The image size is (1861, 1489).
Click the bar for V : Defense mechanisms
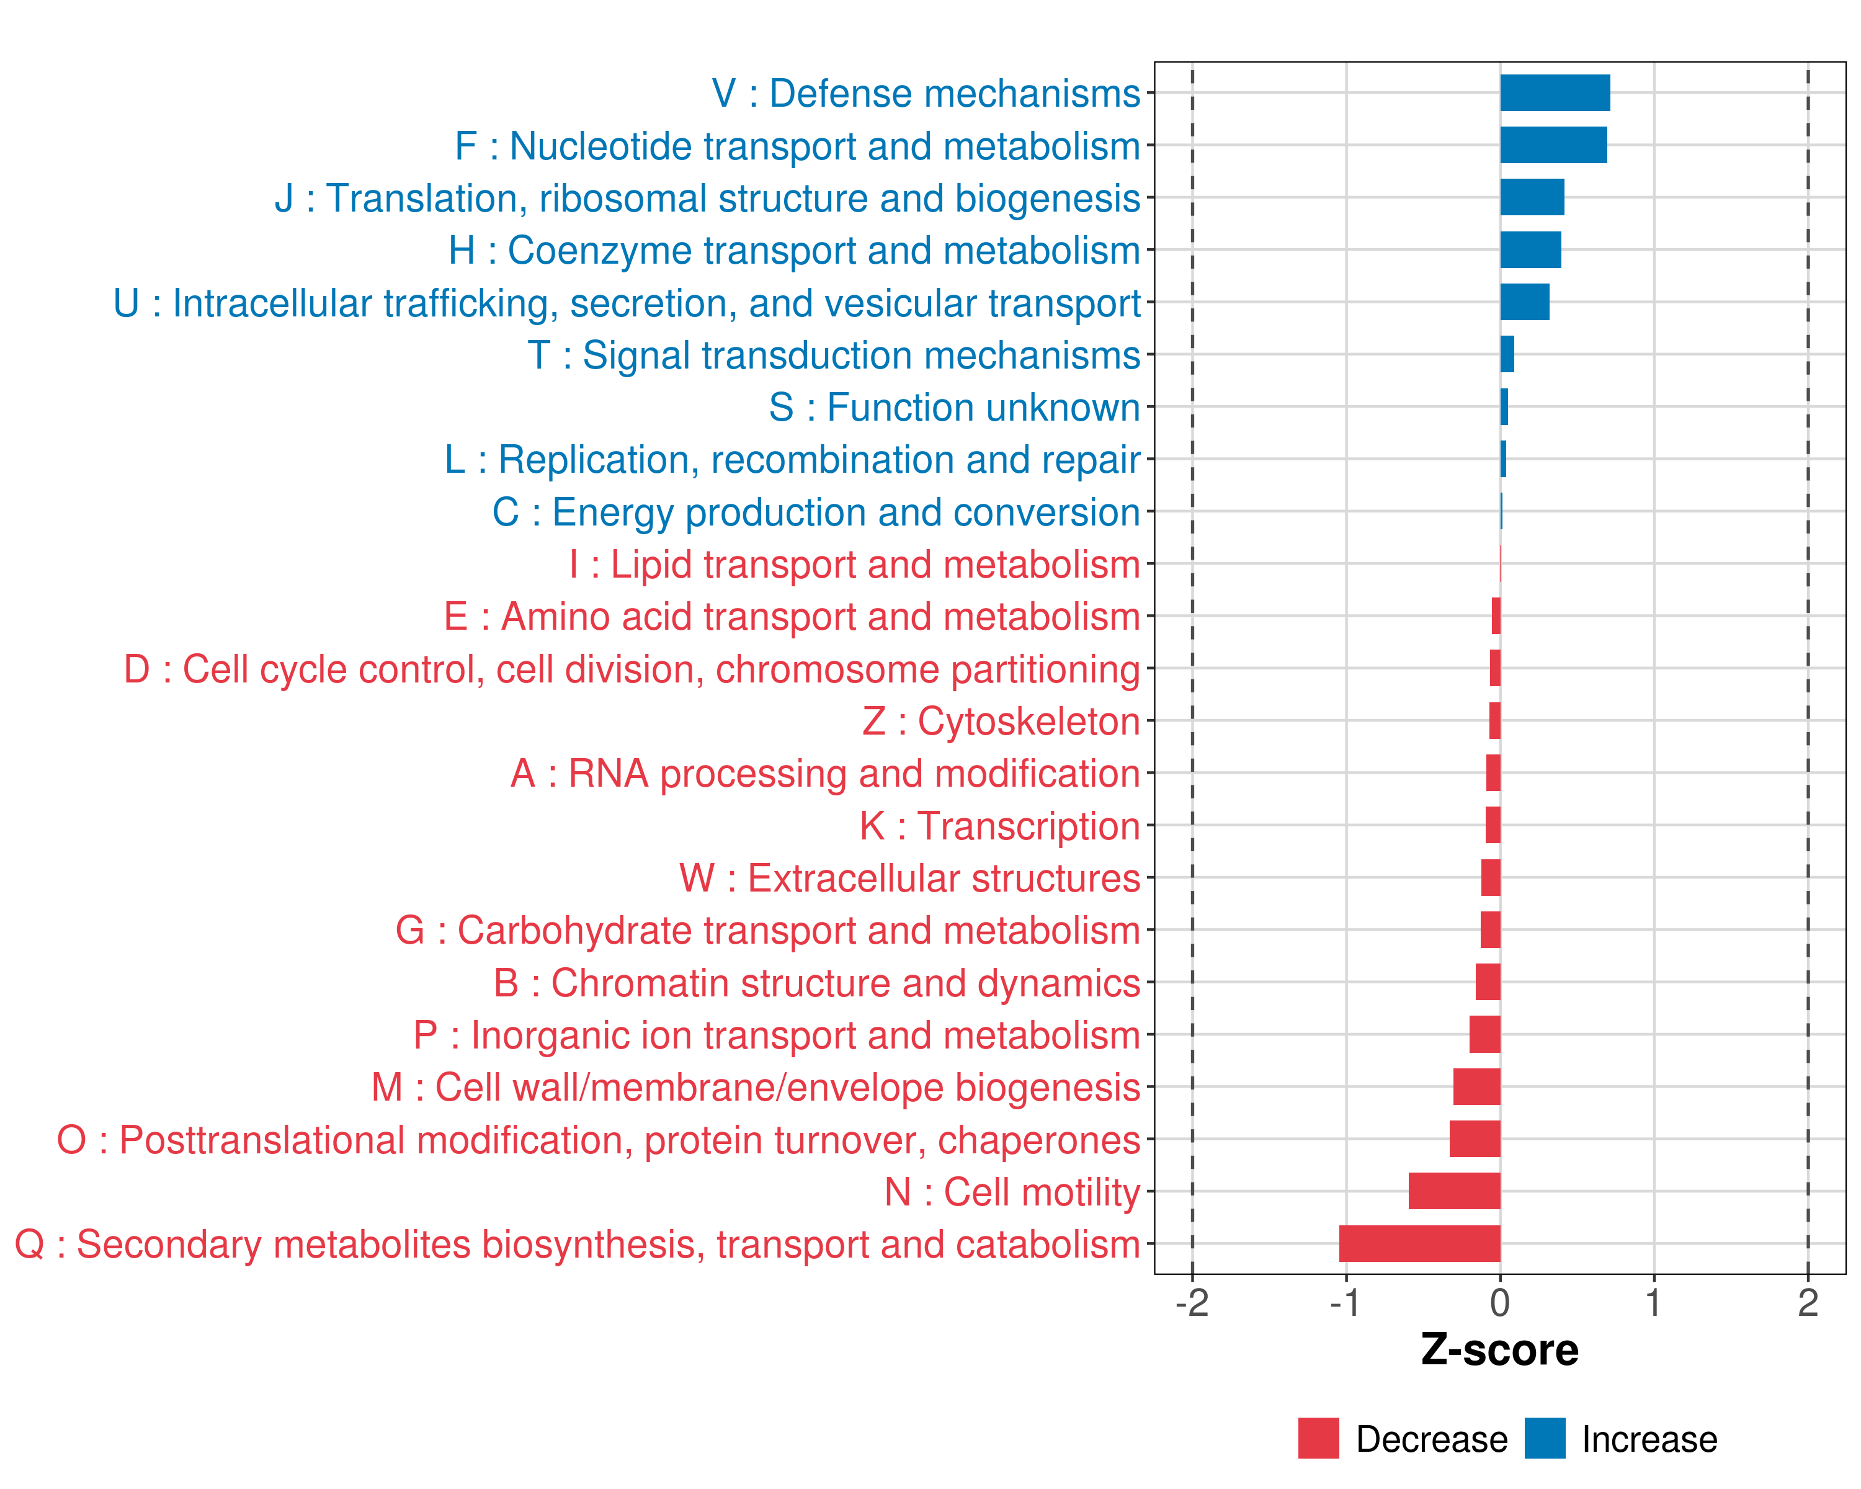[x=1555, y=93]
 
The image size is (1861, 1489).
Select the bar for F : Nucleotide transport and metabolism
[x=1553, y=145]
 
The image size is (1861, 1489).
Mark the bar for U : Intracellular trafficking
[x=1524, y=302]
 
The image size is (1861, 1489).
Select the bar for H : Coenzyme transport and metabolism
[x=1530, y=249]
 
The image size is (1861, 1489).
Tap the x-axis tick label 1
[x=1653, y=1302]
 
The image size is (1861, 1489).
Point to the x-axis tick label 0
[x=1500, y=1302]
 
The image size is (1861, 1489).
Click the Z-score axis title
[x=1499, y=1349]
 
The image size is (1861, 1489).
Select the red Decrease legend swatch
[x=1318, y=1438]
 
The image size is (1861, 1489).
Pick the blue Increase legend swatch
[x=1544, y=1438]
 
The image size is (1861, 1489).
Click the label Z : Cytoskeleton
[x=1001, y=722]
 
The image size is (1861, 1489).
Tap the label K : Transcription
[x=999, y=826]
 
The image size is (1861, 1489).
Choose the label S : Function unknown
[x=954, y=408]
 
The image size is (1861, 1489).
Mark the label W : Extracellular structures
[x=910, y=878]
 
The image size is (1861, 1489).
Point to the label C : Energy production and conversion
[x=816, y=512]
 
